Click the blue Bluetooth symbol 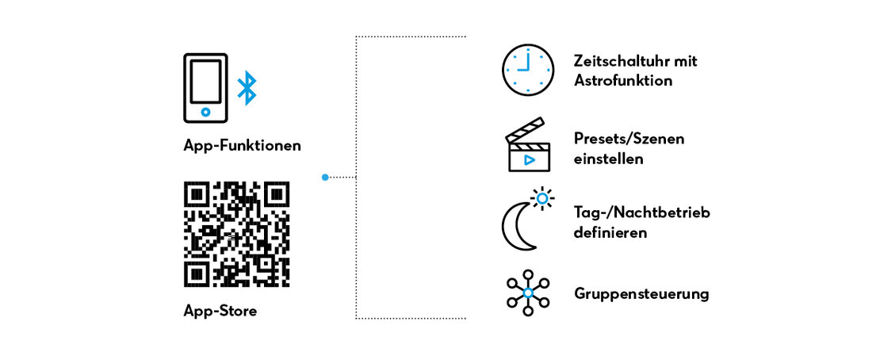pyautogui.click(x=247, y=88)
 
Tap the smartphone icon pyautogui.click(x=205, y=88)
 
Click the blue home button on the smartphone pyautogui.click(x=205, y=113)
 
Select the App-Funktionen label pyautogui.click(x=242, y=145)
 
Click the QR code pyautogui.click(x=237, y=234)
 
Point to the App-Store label pyautogui.click(x=220, y=311)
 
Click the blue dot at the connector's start pyautogui.click(x=325, y=178)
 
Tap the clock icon pyautogui.click(x=527, y=71)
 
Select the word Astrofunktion pyautogui.click(x=623, y=81)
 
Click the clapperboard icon pyautogui.click(x=527, y=144)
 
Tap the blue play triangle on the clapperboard pyautogui.click(x=529, y=159)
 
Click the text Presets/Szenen pyautogui.click(x=629, y=139)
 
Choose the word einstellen pyautogui.click(x=608, y=159)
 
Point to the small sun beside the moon pyautogui.click(x=542, y=198)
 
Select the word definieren pyautogui.click(x=610, y=232)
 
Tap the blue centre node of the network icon pyautogui.click(x=527, y=293)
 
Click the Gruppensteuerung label pyautogui.click(x=641, y=294)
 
